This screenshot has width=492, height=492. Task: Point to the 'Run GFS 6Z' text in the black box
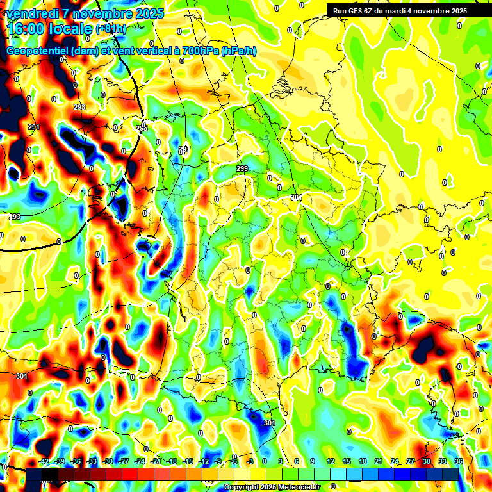(356, 11)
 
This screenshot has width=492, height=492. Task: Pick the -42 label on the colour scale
(44, 461)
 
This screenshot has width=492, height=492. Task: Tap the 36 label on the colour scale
(458, 461)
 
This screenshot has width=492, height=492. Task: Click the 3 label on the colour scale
(281, 461)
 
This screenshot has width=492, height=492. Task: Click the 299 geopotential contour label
(242, 168)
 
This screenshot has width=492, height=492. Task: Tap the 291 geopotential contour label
(33, 127)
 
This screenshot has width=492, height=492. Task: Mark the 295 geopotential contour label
(142, 129)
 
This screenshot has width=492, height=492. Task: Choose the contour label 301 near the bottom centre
(269, 423)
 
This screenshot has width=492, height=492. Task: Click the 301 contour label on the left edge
(22, 376)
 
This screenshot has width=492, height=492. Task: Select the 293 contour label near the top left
(79, 107)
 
